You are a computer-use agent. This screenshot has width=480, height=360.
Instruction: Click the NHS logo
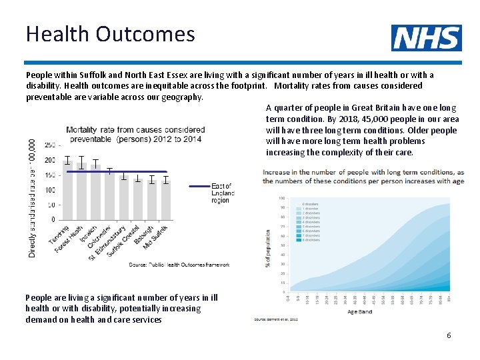(426, 38)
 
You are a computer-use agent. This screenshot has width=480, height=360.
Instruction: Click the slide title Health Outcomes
(110, 33)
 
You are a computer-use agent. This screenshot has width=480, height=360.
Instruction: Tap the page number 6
(449, 335)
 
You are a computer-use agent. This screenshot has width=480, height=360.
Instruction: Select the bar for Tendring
(67, 191)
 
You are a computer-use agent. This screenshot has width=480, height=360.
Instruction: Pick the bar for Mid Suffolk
(165, 200)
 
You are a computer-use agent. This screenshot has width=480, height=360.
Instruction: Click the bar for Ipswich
(95, 193)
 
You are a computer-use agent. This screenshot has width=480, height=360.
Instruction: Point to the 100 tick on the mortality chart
(50, 190)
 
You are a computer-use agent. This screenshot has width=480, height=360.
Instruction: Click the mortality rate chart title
(135, 134)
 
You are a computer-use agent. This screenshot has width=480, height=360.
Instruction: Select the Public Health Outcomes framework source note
(179, 265)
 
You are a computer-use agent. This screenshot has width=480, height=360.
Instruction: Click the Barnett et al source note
(275, 319)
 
